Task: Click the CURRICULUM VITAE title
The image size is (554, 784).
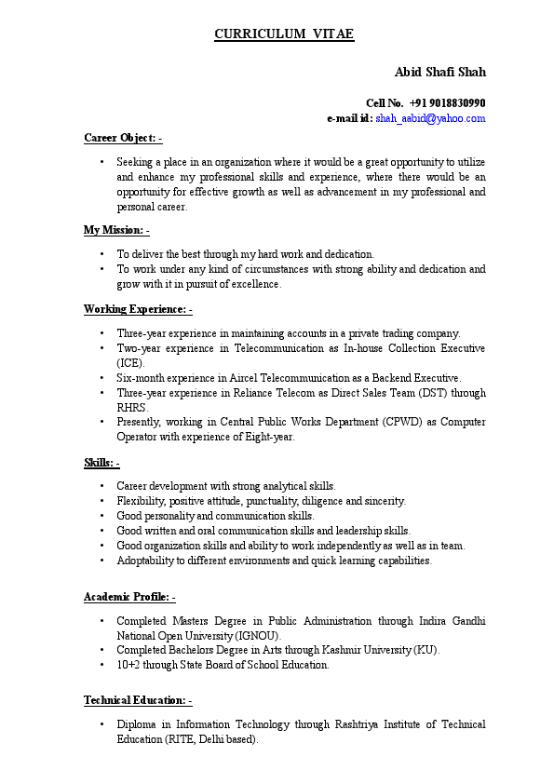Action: (x=284, y=34)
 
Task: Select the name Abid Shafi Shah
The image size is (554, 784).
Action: (x=439, y=73)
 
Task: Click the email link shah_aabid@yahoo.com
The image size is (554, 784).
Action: (x=430, y=118)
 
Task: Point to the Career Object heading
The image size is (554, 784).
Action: (x=123, y=138)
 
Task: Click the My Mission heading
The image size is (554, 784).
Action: (x=116, y=230)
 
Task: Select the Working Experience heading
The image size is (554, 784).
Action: (x=138, y=309)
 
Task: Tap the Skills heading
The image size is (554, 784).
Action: (x=101, y=463)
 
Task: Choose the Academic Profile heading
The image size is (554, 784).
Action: (x=129, y=597)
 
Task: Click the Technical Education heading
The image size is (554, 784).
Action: (x=138, y=700)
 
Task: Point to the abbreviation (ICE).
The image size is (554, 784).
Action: (x=130, y=362)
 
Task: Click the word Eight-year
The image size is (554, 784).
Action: (x=270, y=437)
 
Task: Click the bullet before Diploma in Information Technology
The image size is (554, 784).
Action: (x=101, y=724)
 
